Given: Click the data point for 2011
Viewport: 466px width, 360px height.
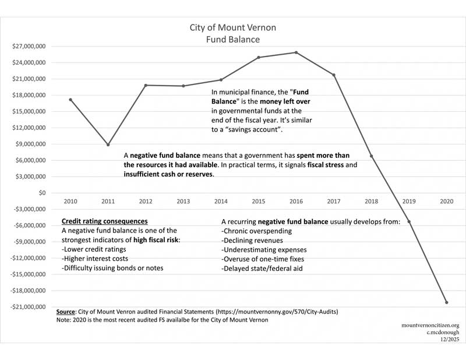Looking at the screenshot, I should (108, 144).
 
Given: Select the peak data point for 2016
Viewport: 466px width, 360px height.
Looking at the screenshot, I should (296, 52).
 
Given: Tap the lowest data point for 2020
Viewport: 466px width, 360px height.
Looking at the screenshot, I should (447, 302).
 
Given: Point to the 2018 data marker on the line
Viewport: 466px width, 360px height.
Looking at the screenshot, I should (372, 156).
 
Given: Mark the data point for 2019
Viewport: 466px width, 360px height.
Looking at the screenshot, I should (409, 221).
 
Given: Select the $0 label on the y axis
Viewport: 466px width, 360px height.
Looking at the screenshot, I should (41, 193).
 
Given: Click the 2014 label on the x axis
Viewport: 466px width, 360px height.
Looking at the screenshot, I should (221, 201).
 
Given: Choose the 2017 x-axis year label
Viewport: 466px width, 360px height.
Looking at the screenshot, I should (334, 201).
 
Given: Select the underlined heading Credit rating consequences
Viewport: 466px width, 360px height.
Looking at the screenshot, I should (104, 221).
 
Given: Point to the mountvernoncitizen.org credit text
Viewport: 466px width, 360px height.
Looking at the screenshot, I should (430, 326).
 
